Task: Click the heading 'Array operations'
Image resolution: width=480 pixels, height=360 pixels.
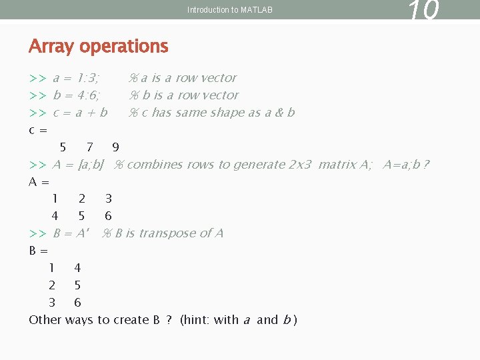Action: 99,47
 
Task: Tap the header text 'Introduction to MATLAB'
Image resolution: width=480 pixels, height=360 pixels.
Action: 229,10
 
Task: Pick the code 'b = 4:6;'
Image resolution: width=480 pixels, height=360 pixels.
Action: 77,95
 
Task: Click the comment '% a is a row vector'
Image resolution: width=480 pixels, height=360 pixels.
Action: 183,78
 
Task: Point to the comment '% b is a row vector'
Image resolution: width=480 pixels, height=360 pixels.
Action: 183,95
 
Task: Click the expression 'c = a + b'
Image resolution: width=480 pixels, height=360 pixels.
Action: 80,113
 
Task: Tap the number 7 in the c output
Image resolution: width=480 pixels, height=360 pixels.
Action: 89,147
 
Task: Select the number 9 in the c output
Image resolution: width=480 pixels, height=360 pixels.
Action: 116,147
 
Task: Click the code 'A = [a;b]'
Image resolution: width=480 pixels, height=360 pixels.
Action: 78,165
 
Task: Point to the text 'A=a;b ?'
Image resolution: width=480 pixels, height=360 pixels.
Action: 406,165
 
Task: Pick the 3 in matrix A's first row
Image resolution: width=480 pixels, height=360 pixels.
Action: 109,199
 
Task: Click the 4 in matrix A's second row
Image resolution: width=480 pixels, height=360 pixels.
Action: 55,216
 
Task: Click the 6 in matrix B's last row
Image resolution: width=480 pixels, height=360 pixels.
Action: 77,303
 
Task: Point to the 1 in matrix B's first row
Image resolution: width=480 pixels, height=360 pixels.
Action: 52,268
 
